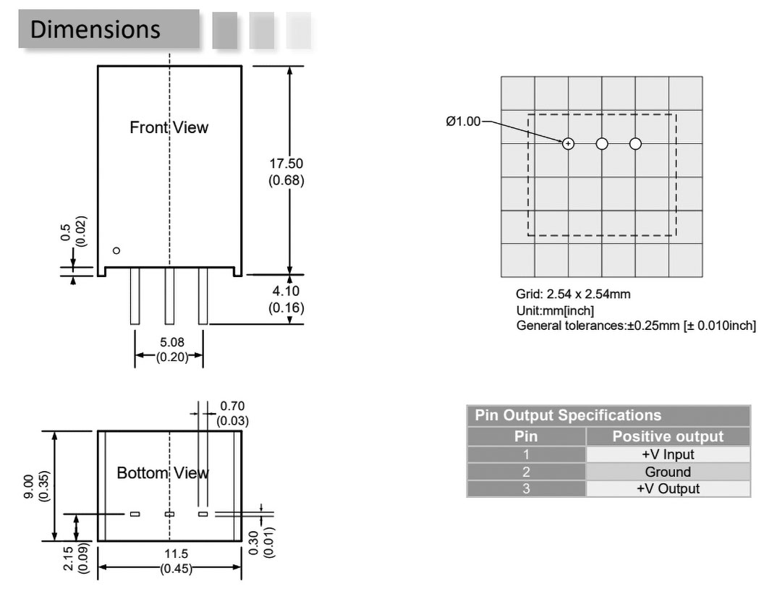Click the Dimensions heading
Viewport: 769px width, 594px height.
95,30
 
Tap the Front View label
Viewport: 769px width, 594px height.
169,127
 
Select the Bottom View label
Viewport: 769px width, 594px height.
163,473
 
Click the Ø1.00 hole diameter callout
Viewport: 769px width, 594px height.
463,121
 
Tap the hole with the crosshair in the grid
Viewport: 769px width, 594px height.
569,143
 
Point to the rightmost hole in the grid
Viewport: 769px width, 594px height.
635,143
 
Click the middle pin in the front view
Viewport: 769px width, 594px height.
169,297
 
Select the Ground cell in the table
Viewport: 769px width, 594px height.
668,472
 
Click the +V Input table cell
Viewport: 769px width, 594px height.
668,454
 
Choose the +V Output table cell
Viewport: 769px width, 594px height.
668,488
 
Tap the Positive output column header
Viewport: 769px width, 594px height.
668,436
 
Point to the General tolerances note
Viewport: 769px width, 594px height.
636,326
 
